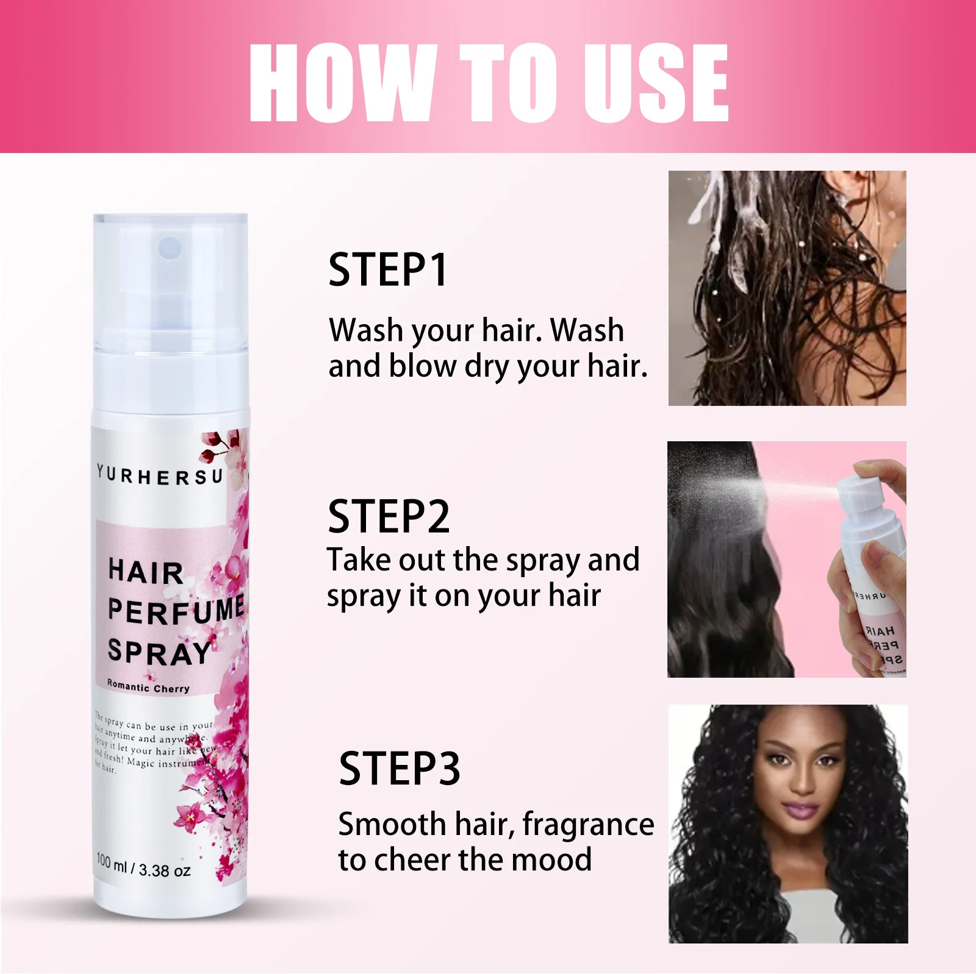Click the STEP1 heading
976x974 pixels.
388,270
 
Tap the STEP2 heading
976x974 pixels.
389,517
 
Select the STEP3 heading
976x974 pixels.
400,769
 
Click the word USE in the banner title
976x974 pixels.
655,84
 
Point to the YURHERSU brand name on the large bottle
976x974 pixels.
160,475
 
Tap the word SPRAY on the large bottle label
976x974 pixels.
159,653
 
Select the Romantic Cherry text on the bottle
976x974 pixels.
148,687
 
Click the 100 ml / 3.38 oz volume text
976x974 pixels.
143,866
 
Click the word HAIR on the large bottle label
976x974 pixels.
146,572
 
